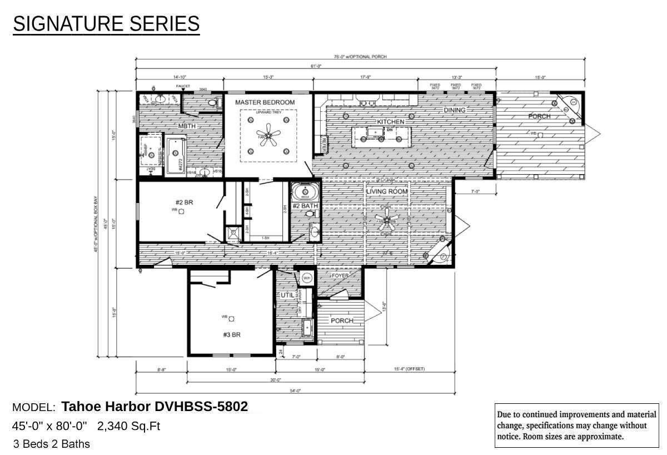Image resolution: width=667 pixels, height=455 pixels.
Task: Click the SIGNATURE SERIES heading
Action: [106, 24]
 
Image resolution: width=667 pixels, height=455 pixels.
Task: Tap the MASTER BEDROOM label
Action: [265, 102]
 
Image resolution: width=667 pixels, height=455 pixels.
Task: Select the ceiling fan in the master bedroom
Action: [268, 136]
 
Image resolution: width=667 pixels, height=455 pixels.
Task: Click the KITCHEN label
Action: [391, 121]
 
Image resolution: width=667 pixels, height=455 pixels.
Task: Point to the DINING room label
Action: [454, 110]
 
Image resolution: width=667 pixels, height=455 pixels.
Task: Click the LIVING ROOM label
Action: [387, 191]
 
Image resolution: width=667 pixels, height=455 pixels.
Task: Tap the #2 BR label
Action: [180, 202]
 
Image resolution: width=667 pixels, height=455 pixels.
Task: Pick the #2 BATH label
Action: [306, 206]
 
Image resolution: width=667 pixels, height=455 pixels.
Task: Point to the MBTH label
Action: [187, 126]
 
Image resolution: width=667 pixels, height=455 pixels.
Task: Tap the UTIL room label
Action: [287, 295]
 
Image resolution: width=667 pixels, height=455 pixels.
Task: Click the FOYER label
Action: [340, 276]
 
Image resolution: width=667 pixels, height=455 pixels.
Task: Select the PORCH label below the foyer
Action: [342, 320]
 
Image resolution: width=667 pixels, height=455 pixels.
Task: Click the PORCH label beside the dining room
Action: [539, 116]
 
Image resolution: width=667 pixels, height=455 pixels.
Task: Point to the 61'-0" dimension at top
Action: [316, 66]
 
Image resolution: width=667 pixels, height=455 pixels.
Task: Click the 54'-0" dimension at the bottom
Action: [295, 390]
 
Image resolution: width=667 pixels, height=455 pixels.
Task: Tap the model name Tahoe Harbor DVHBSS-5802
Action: [155, 407]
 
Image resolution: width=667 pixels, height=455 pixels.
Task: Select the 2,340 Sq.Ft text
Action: [128, 426]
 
